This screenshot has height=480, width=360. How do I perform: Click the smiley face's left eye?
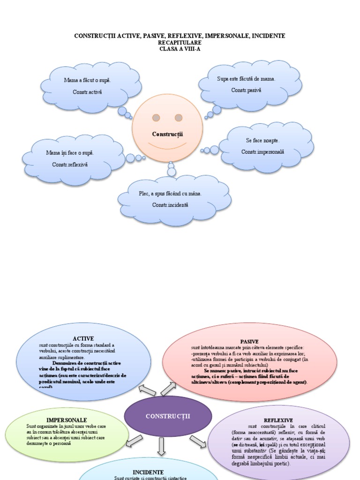tap(156, 117)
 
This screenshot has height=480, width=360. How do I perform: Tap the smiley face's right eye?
tap(179, 117)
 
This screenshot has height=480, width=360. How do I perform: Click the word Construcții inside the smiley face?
tap(167, 134)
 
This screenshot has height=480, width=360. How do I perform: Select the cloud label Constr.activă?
tap(87, 92)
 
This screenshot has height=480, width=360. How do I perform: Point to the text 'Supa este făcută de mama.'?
tap(246, 79)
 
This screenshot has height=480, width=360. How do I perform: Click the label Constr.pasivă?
tap(246, 90)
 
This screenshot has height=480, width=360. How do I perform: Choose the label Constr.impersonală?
tap(263, 152)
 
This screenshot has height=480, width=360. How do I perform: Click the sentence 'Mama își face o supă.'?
tap(70, 153)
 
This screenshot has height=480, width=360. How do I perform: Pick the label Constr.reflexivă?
tap(70, 165)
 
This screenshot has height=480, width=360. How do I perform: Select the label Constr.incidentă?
tap(170, 205)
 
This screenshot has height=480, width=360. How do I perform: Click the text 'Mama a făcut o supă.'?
tap(87, 80)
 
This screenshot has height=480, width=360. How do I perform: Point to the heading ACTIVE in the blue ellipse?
tap(83, 338)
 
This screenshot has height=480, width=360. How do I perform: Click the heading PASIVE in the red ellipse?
tap(249, 342)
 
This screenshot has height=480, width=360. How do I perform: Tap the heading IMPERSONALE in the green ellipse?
tap(67, 420)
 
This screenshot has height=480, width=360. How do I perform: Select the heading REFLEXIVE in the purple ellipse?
tap(278, 420)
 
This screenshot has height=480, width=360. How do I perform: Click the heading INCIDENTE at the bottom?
tap(148, 472)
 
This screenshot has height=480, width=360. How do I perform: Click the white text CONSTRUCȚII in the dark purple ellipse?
tap(168, 416)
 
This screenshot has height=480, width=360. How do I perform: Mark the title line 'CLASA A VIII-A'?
tap(180, 49)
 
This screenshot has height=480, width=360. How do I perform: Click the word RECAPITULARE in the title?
tap(180, 42)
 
